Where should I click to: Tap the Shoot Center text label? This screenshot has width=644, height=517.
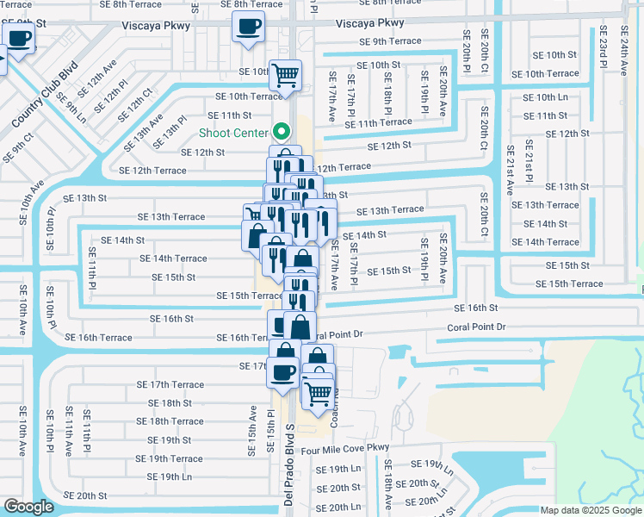click(232, 133)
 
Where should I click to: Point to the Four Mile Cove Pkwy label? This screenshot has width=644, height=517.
click(344, 448)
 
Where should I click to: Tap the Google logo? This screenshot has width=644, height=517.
click(29, 507)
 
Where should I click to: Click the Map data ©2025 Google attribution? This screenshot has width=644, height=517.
click(590, 510)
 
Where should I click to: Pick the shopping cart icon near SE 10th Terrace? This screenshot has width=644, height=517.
click(285, 75)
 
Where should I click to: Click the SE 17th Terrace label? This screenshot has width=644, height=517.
click(176, 384)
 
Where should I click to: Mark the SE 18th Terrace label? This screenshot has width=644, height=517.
click(176, 421)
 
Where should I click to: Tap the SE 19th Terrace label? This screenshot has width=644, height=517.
click(175, 459)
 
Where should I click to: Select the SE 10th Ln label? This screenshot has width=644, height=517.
click(546, 97)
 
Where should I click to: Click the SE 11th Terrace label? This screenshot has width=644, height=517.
click(379, 124)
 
